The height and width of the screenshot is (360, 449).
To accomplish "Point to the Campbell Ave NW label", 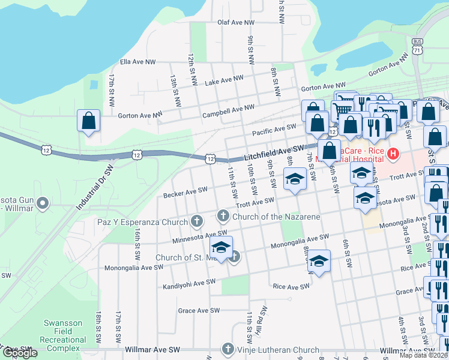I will coord(228,110).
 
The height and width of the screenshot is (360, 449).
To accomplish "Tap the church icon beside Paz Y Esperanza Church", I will coord(196,222).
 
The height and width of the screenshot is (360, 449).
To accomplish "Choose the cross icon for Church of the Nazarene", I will coord(223,215).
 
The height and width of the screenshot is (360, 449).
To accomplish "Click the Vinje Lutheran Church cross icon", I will coord(228,349).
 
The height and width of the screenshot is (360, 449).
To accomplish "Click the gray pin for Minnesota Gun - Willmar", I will coord(42,204).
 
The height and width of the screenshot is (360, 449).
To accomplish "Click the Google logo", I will coord(19,353).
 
